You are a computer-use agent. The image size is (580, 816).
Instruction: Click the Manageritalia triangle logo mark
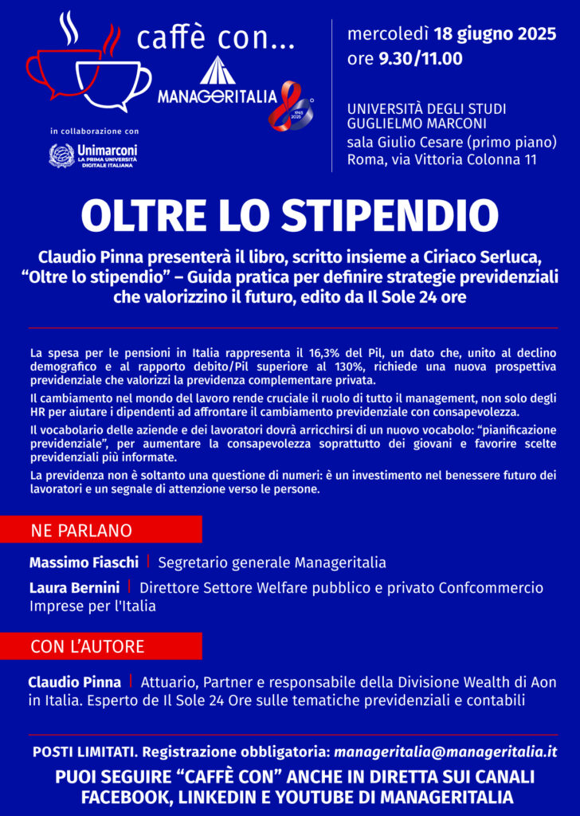coord(216,71)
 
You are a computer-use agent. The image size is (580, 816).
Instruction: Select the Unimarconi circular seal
coord(61,155)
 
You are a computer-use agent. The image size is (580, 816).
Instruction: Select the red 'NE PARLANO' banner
coord(100,530)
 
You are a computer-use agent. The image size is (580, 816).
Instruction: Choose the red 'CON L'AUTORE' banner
coord(100,646)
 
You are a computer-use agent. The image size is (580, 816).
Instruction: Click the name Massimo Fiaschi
coord(84,563)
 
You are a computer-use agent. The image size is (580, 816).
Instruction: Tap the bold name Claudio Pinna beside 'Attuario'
coord(74,682)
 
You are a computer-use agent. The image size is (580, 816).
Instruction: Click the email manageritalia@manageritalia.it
coord(445,751)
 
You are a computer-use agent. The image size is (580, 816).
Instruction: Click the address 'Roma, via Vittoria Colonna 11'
coord(441,159)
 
